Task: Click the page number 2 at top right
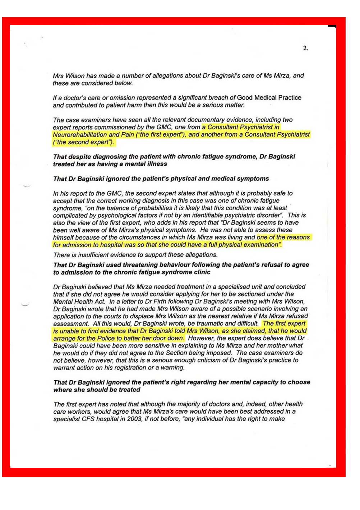pos(305,48)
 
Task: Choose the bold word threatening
pos(132,265)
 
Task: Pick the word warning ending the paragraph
pos(173,368)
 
